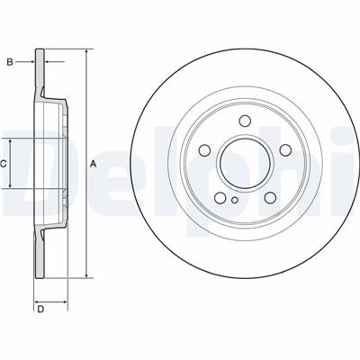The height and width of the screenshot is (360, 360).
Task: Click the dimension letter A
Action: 94,164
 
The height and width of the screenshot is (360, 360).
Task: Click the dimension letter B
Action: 10,62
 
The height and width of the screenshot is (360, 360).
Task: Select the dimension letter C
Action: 4,164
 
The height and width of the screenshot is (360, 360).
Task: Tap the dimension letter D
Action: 40,309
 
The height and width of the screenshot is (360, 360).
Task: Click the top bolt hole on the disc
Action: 245,121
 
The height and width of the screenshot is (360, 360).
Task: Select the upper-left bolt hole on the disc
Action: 204,150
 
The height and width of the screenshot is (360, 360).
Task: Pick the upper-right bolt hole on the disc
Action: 285,150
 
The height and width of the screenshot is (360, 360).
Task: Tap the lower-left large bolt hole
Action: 220,197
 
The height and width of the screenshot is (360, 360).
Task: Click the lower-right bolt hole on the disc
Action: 270,197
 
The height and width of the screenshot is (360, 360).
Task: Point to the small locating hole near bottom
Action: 235,200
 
